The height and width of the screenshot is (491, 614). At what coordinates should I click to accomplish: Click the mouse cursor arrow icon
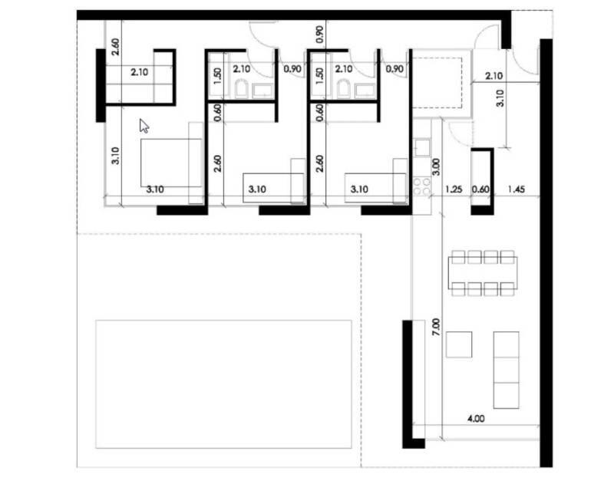[144, 126]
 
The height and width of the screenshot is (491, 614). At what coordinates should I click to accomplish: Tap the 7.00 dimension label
[437, 327]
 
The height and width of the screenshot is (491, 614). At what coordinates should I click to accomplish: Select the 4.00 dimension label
[476, 419]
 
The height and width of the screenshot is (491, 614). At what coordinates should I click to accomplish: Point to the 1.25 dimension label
[454, 189]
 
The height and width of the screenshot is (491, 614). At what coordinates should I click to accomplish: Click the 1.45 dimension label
[516, 189]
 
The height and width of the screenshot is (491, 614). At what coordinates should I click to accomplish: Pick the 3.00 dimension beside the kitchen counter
[437, 166]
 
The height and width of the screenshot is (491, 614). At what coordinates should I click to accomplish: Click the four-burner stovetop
[421, 186]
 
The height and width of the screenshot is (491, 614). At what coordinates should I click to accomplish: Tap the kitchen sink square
[422, 147]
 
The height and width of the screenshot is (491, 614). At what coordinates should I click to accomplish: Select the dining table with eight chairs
[483, 273]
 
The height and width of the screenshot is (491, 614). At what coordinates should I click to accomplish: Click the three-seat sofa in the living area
[507, 370]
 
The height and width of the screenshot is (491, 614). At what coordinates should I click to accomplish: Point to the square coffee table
[459, 344]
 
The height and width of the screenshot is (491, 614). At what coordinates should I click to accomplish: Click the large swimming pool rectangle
[223, 384]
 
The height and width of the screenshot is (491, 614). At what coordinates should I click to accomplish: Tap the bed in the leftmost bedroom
[171, 163]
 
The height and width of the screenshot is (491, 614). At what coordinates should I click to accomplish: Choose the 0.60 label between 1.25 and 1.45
[480, 189]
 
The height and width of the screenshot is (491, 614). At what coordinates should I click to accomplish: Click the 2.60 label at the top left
[116, 46]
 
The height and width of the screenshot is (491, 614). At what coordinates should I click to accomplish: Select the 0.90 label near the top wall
[320, 35]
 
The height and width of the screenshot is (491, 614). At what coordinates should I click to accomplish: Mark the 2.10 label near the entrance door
[494, 76]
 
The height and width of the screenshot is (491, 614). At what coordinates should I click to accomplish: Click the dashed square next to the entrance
[437, 83]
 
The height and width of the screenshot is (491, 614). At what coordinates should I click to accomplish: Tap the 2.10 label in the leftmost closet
[140, 72]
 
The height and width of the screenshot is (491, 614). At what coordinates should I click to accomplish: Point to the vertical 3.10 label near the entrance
[500, 98]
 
